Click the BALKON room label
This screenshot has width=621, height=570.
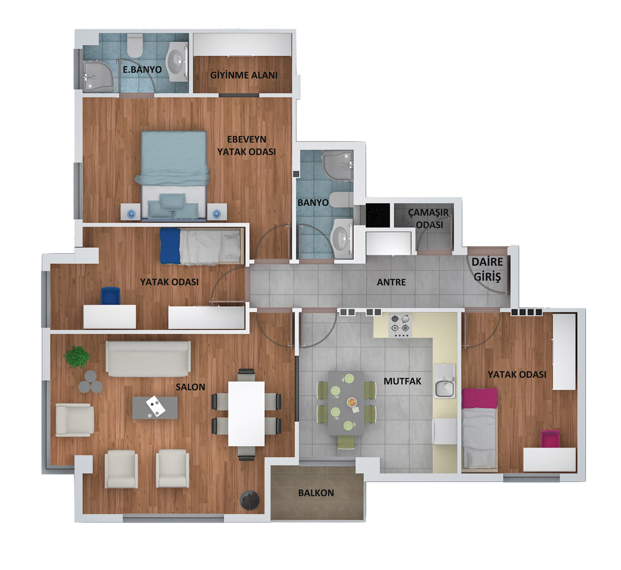point(316,493)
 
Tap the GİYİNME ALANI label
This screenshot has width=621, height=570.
point(244,75)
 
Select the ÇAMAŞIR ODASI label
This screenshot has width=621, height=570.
point(429,218)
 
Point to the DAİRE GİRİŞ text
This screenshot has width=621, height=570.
point(487,269)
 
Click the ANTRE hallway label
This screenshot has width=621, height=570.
point(391,282)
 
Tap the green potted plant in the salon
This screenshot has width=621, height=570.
point(76,357)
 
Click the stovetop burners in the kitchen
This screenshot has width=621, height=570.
point(400,326)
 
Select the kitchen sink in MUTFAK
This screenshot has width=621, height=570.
point(445,381)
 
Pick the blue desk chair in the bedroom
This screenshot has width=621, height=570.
point(111,296)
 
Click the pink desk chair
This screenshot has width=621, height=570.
point(550,439)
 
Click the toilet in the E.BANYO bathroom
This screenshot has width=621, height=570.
point(135,45)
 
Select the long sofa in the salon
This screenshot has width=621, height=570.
point(148,359)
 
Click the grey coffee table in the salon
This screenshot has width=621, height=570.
point(155,407)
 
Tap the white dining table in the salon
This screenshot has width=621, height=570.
point(246,414)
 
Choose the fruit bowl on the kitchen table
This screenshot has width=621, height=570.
point(352,402)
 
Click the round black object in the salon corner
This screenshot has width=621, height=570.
point(249,500)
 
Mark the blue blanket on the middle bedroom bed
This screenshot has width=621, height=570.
point(170,246)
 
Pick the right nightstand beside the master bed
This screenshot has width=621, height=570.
point(217,212)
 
